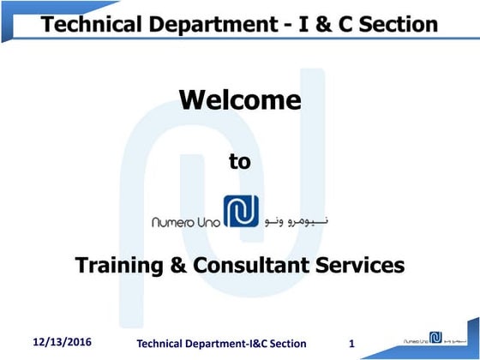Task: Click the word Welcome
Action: (239, 101)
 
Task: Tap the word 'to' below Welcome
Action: (240, 160)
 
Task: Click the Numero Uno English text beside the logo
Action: (185, 221)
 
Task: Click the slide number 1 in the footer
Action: (352, 344)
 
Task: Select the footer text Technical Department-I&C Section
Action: (222, 344)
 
